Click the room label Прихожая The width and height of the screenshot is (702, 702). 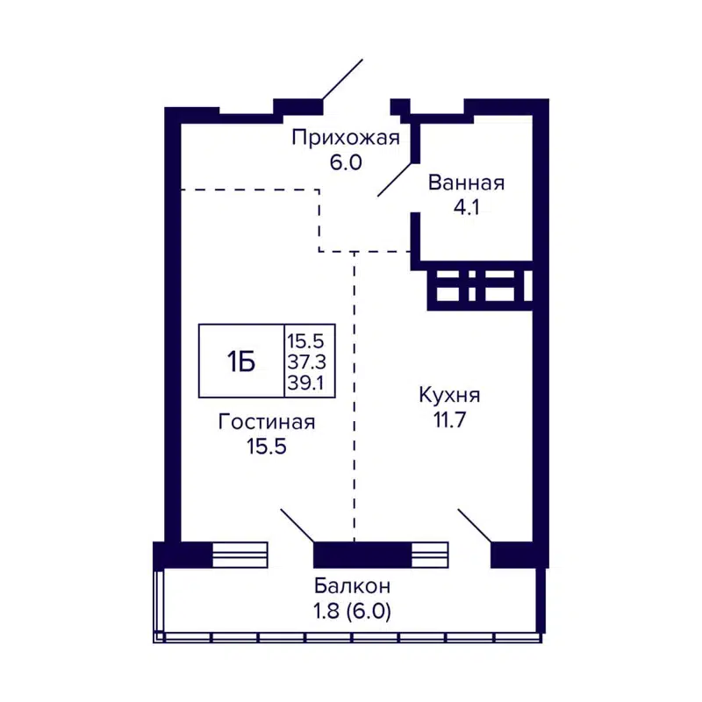pos(345,138)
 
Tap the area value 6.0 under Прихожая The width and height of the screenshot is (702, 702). pos(346,162)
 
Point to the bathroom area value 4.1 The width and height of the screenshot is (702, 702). pos(466,208)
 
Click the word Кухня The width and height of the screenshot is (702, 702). pos(448,395)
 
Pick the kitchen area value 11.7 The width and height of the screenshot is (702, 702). pos(448,419)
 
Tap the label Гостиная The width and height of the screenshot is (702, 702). pos(267,422)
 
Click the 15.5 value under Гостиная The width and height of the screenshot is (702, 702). pos(267,447)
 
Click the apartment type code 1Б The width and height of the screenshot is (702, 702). pos(241,361)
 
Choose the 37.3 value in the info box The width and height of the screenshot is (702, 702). pos(306,361)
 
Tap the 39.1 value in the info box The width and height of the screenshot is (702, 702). pos(306,382)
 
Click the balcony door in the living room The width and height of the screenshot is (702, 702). pos(297,525)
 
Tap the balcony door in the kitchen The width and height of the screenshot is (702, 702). pos(475,525)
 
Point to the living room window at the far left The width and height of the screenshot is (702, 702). pos(240,555)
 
